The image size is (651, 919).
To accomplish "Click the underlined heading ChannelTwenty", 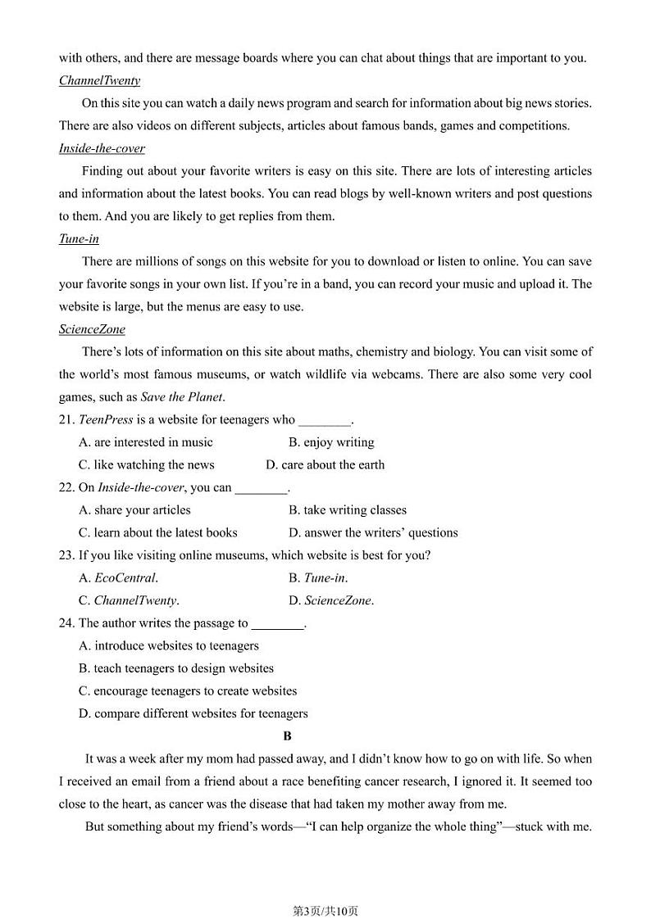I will [99, 80].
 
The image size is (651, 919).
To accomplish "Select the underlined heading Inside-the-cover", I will [102, 148].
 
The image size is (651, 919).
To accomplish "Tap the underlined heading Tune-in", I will [79, 239].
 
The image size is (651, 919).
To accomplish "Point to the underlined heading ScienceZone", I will [92, 329].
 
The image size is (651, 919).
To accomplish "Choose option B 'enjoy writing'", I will [331, 442].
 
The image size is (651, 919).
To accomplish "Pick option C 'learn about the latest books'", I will [158, 532].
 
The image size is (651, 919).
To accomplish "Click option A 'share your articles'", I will [134, 509].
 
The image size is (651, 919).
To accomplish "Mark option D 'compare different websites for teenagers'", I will [193, 713].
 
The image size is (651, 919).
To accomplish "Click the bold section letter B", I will [288, 736].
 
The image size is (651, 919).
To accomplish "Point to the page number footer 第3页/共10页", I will [325, 888].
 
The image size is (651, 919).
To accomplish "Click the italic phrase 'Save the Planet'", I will [181, 397].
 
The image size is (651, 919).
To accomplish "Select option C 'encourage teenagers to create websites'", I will [188, 690].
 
